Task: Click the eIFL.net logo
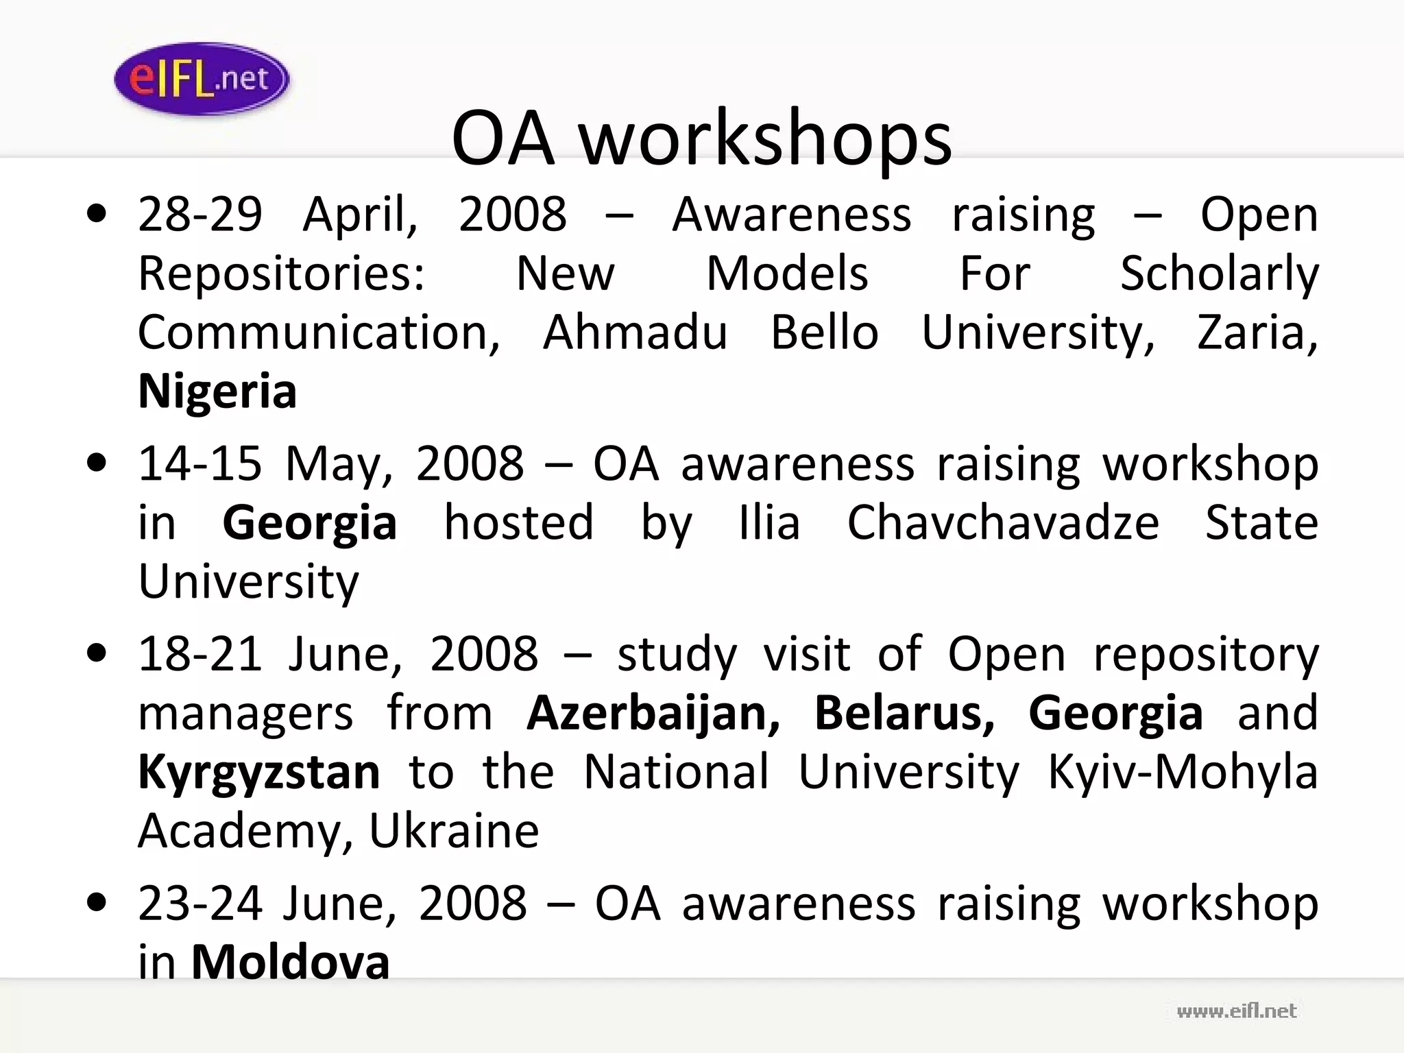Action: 201,79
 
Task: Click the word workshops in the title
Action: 766,139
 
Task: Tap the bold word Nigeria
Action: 217,391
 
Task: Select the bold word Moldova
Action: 290,962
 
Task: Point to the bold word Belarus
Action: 904,713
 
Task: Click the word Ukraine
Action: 454,831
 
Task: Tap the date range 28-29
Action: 199,215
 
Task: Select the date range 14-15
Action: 199,463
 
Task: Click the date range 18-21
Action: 199,654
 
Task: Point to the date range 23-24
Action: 199,904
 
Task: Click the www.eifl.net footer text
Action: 1236,1011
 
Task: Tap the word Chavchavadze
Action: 1002,523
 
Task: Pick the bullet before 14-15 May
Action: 97,463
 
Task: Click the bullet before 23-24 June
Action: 97,903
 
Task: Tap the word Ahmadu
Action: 634,332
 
